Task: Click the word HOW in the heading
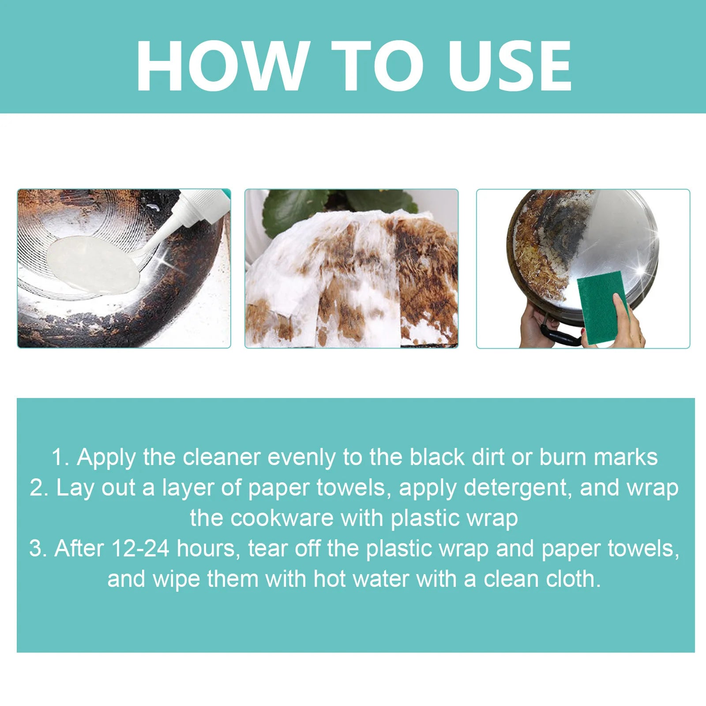[x=221, y=66]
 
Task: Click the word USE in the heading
[x=510, y=66]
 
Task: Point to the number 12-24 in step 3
[x=140, y=548]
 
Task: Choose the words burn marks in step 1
[x=598, y=457]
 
